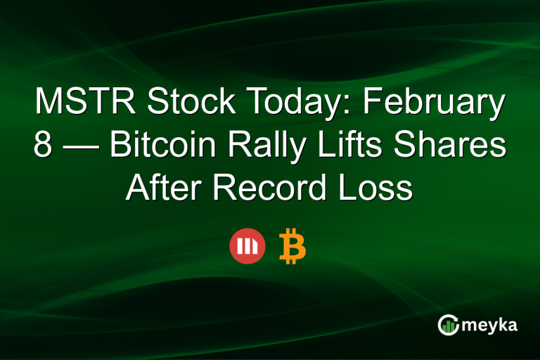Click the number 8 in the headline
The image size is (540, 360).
click(x=43, y=147)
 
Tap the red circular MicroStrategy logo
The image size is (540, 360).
click(x=247, y=247)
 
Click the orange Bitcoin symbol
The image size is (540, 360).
click(x=292, y=247)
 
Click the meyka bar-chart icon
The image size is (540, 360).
click(x=448, y=324)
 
